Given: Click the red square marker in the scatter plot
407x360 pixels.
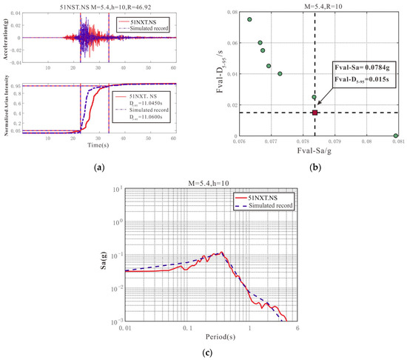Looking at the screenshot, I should coord(314,113).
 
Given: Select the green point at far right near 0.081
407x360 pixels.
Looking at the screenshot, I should coord(396,136).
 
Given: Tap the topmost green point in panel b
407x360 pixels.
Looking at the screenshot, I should coord(250,19).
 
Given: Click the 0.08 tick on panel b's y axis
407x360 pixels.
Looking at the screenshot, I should coord(232,12).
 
